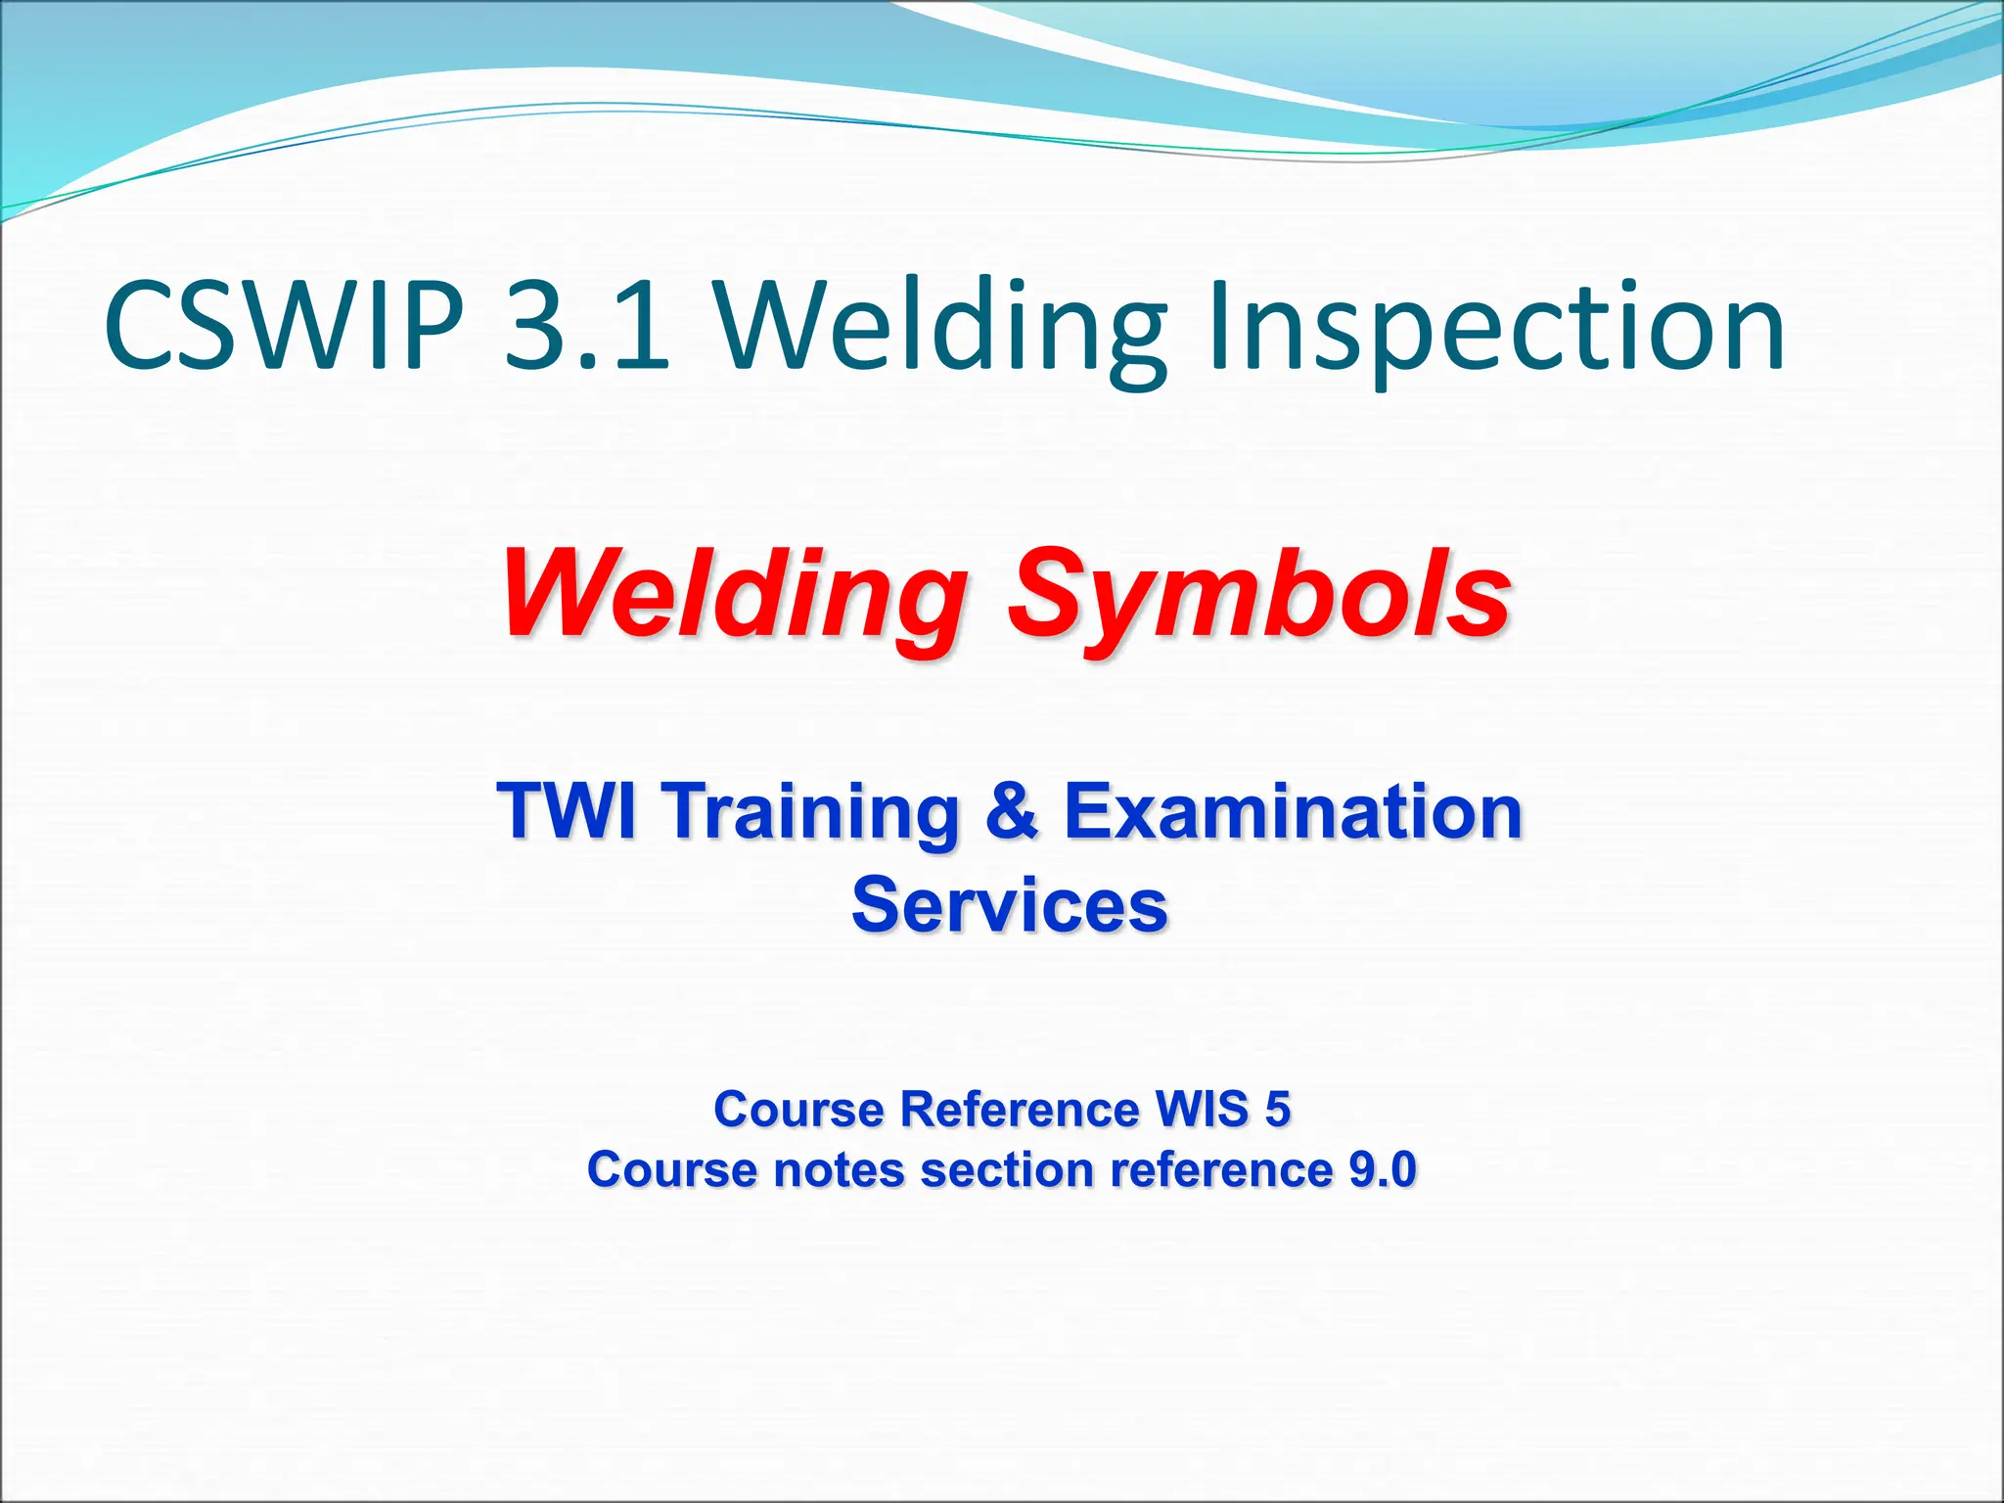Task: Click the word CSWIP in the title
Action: click(284, 325)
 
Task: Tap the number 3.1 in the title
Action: click(587, 325)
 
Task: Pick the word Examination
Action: click(1293, 812)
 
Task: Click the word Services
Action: click(1009, 905)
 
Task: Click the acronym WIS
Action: click(1202, 1110)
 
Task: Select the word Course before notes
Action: click(672, 1170)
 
